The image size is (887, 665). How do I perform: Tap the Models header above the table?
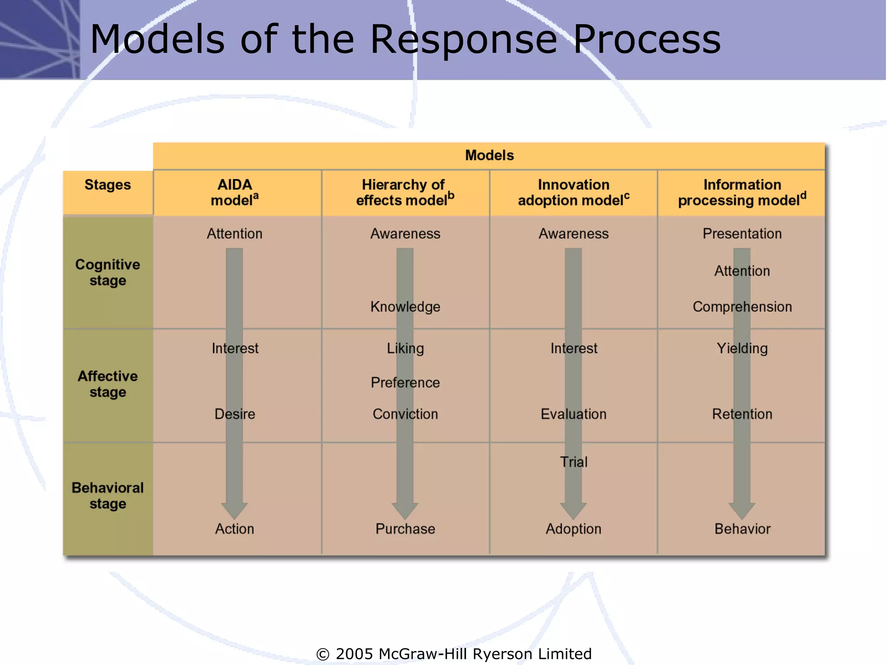click(489, 155)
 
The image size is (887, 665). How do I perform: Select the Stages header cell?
click(107, 185)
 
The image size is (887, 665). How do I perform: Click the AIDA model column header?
click(234, 192)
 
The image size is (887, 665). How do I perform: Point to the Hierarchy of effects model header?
click(405, 192)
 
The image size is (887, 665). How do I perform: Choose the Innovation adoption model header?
click(573, 192)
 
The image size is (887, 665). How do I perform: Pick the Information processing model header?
click(741, 192)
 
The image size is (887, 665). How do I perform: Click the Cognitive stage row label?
click(107, 272)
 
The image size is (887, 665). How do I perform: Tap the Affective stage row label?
click(107, 384)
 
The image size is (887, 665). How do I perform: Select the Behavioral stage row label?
click(107, 496)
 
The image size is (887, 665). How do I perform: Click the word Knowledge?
click(405, 307)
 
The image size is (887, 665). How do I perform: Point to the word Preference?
click(405, 382)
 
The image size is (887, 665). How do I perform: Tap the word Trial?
click(573, 462)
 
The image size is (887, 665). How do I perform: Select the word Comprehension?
click(742, 307)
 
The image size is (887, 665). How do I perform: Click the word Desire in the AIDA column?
click(234, 414)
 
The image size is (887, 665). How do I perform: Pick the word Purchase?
click(405, 529)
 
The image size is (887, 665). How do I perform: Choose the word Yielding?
click(742, 348)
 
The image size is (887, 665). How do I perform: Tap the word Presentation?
click(742, 233)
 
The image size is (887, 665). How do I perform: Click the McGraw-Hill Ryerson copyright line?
click(454, 653)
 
